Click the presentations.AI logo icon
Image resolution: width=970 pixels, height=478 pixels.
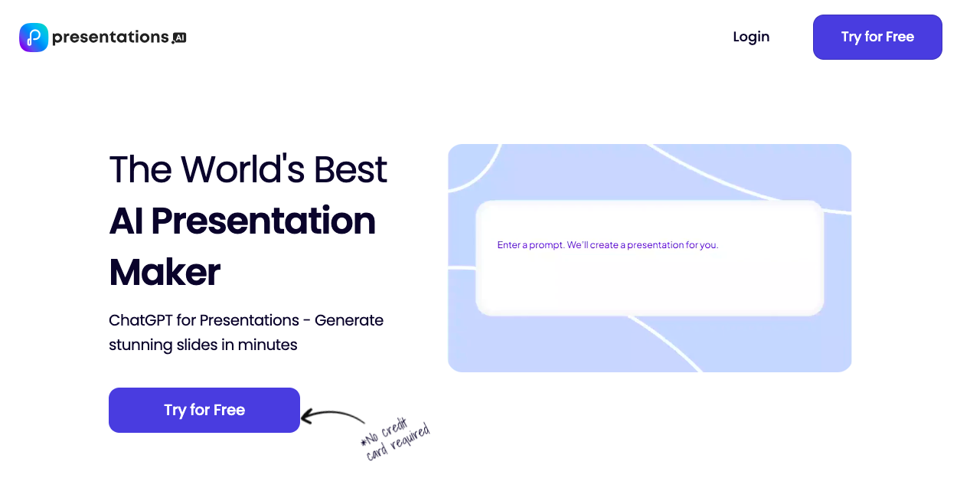(x=34, y=37)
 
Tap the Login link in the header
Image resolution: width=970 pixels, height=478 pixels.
(x=750, y=37)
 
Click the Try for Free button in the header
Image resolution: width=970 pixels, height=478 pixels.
(x=877, y=37)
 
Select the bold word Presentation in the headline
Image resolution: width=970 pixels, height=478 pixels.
(x=263, y=221)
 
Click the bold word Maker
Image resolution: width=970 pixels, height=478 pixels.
(x=165, y=272)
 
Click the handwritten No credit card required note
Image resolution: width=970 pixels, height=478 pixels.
(x=395, y=439)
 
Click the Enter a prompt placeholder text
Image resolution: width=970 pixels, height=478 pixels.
(x=607, y=245)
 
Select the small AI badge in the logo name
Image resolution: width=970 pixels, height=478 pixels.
(x=180, y=37)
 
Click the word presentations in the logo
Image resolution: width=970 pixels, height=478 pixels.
(x=110, y=37)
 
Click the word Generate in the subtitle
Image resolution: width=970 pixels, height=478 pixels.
(x=349, y=320)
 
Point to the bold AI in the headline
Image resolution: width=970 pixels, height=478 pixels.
(x=126, y=221)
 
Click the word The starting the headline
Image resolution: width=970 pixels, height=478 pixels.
(x=139, y=169)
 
